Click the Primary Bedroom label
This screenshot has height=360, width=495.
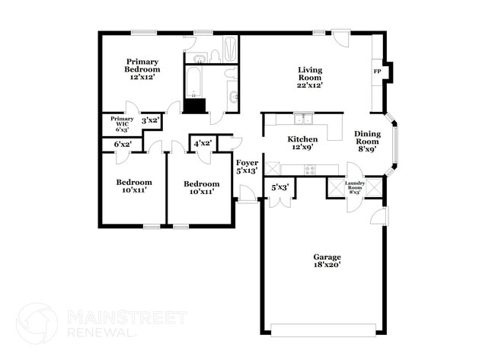[143, 69]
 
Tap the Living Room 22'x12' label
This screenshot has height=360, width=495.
[310, 78]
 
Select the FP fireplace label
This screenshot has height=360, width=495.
[377, 72]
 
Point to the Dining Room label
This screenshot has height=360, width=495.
[367, 142]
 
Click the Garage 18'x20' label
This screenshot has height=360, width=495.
[327, 261]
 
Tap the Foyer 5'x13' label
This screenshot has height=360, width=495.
[247, 167]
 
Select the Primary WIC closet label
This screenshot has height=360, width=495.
[122, 123]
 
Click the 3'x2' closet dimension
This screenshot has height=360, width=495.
[150, 119]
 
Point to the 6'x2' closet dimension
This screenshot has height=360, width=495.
[123, 144]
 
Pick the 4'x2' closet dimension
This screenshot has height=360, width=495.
[203, 143]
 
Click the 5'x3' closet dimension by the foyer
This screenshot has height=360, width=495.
[279, 186]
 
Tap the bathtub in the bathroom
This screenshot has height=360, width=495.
[196, 81]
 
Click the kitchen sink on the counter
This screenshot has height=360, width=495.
[305, 119]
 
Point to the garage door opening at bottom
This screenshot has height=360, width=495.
[324, 330]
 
